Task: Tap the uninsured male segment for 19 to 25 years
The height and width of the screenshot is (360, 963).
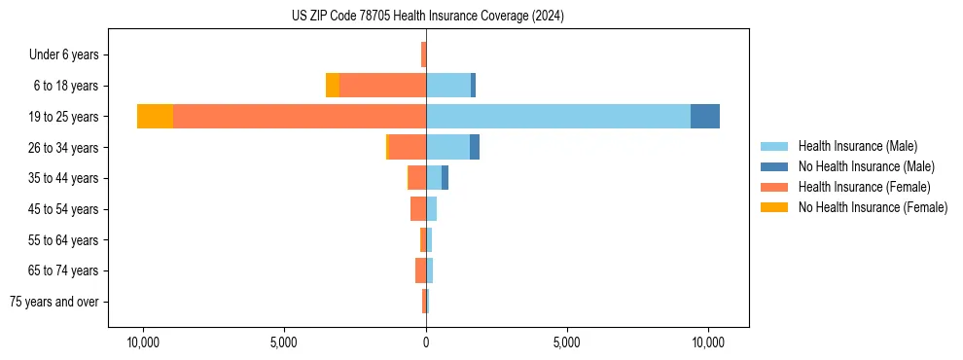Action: coord(705,117)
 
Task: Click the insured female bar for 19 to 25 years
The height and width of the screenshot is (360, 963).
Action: coord(300,117)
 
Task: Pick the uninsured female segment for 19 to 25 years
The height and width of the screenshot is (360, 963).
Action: coord(155,117)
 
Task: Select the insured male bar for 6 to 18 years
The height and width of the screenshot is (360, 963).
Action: coord(448,86)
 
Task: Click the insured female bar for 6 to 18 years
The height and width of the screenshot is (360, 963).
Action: coord(382,86)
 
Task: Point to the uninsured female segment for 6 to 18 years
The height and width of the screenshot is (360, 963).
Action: coord(333,86)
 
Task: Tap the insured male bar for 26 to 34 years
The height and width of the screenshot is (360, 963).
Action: coord(447,147)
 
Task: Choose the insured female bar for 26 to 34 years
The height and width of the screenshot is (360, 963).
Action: coord(407,147)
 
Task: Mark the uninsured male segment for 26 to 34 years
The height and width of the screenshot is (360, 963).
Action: coord(475,147)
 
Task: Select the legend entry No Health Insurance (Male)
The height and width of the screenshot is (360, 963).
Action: coord(866,166)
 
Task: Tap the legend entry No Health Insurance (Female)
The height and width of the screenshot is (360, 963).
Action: coord(873,207)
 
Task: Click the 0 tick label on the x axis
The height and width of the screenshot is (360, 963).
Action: coord(426,343)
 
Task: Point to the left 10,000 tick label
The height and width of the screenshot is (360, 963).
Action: coord(143,343)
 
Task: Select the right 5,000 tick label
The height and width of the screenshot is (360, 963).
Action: coord(566,343)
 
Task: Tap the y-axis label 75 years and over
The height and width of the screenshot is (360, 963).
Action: coord(53,302)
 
